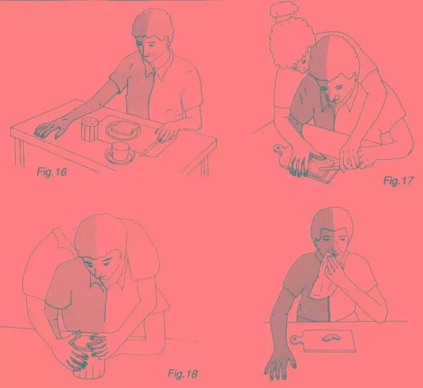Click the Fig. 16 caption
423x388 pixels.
point(52,172)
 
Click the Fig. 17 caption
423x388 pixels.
point(398,181)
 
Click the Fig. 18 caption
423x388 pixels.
point(182,373)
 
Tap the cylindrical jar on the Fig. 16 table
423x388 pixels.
point(89,129)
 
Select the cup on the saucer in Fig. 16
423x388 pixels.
point(120,150)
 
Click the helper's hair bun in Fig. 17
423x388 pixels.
point(284,10)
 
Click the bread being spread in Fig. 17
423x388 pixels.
point(323,164)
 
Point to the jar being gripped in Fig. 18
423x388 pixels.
point(89,358)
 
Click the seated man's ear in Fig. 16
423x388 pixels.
point(167,41)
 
